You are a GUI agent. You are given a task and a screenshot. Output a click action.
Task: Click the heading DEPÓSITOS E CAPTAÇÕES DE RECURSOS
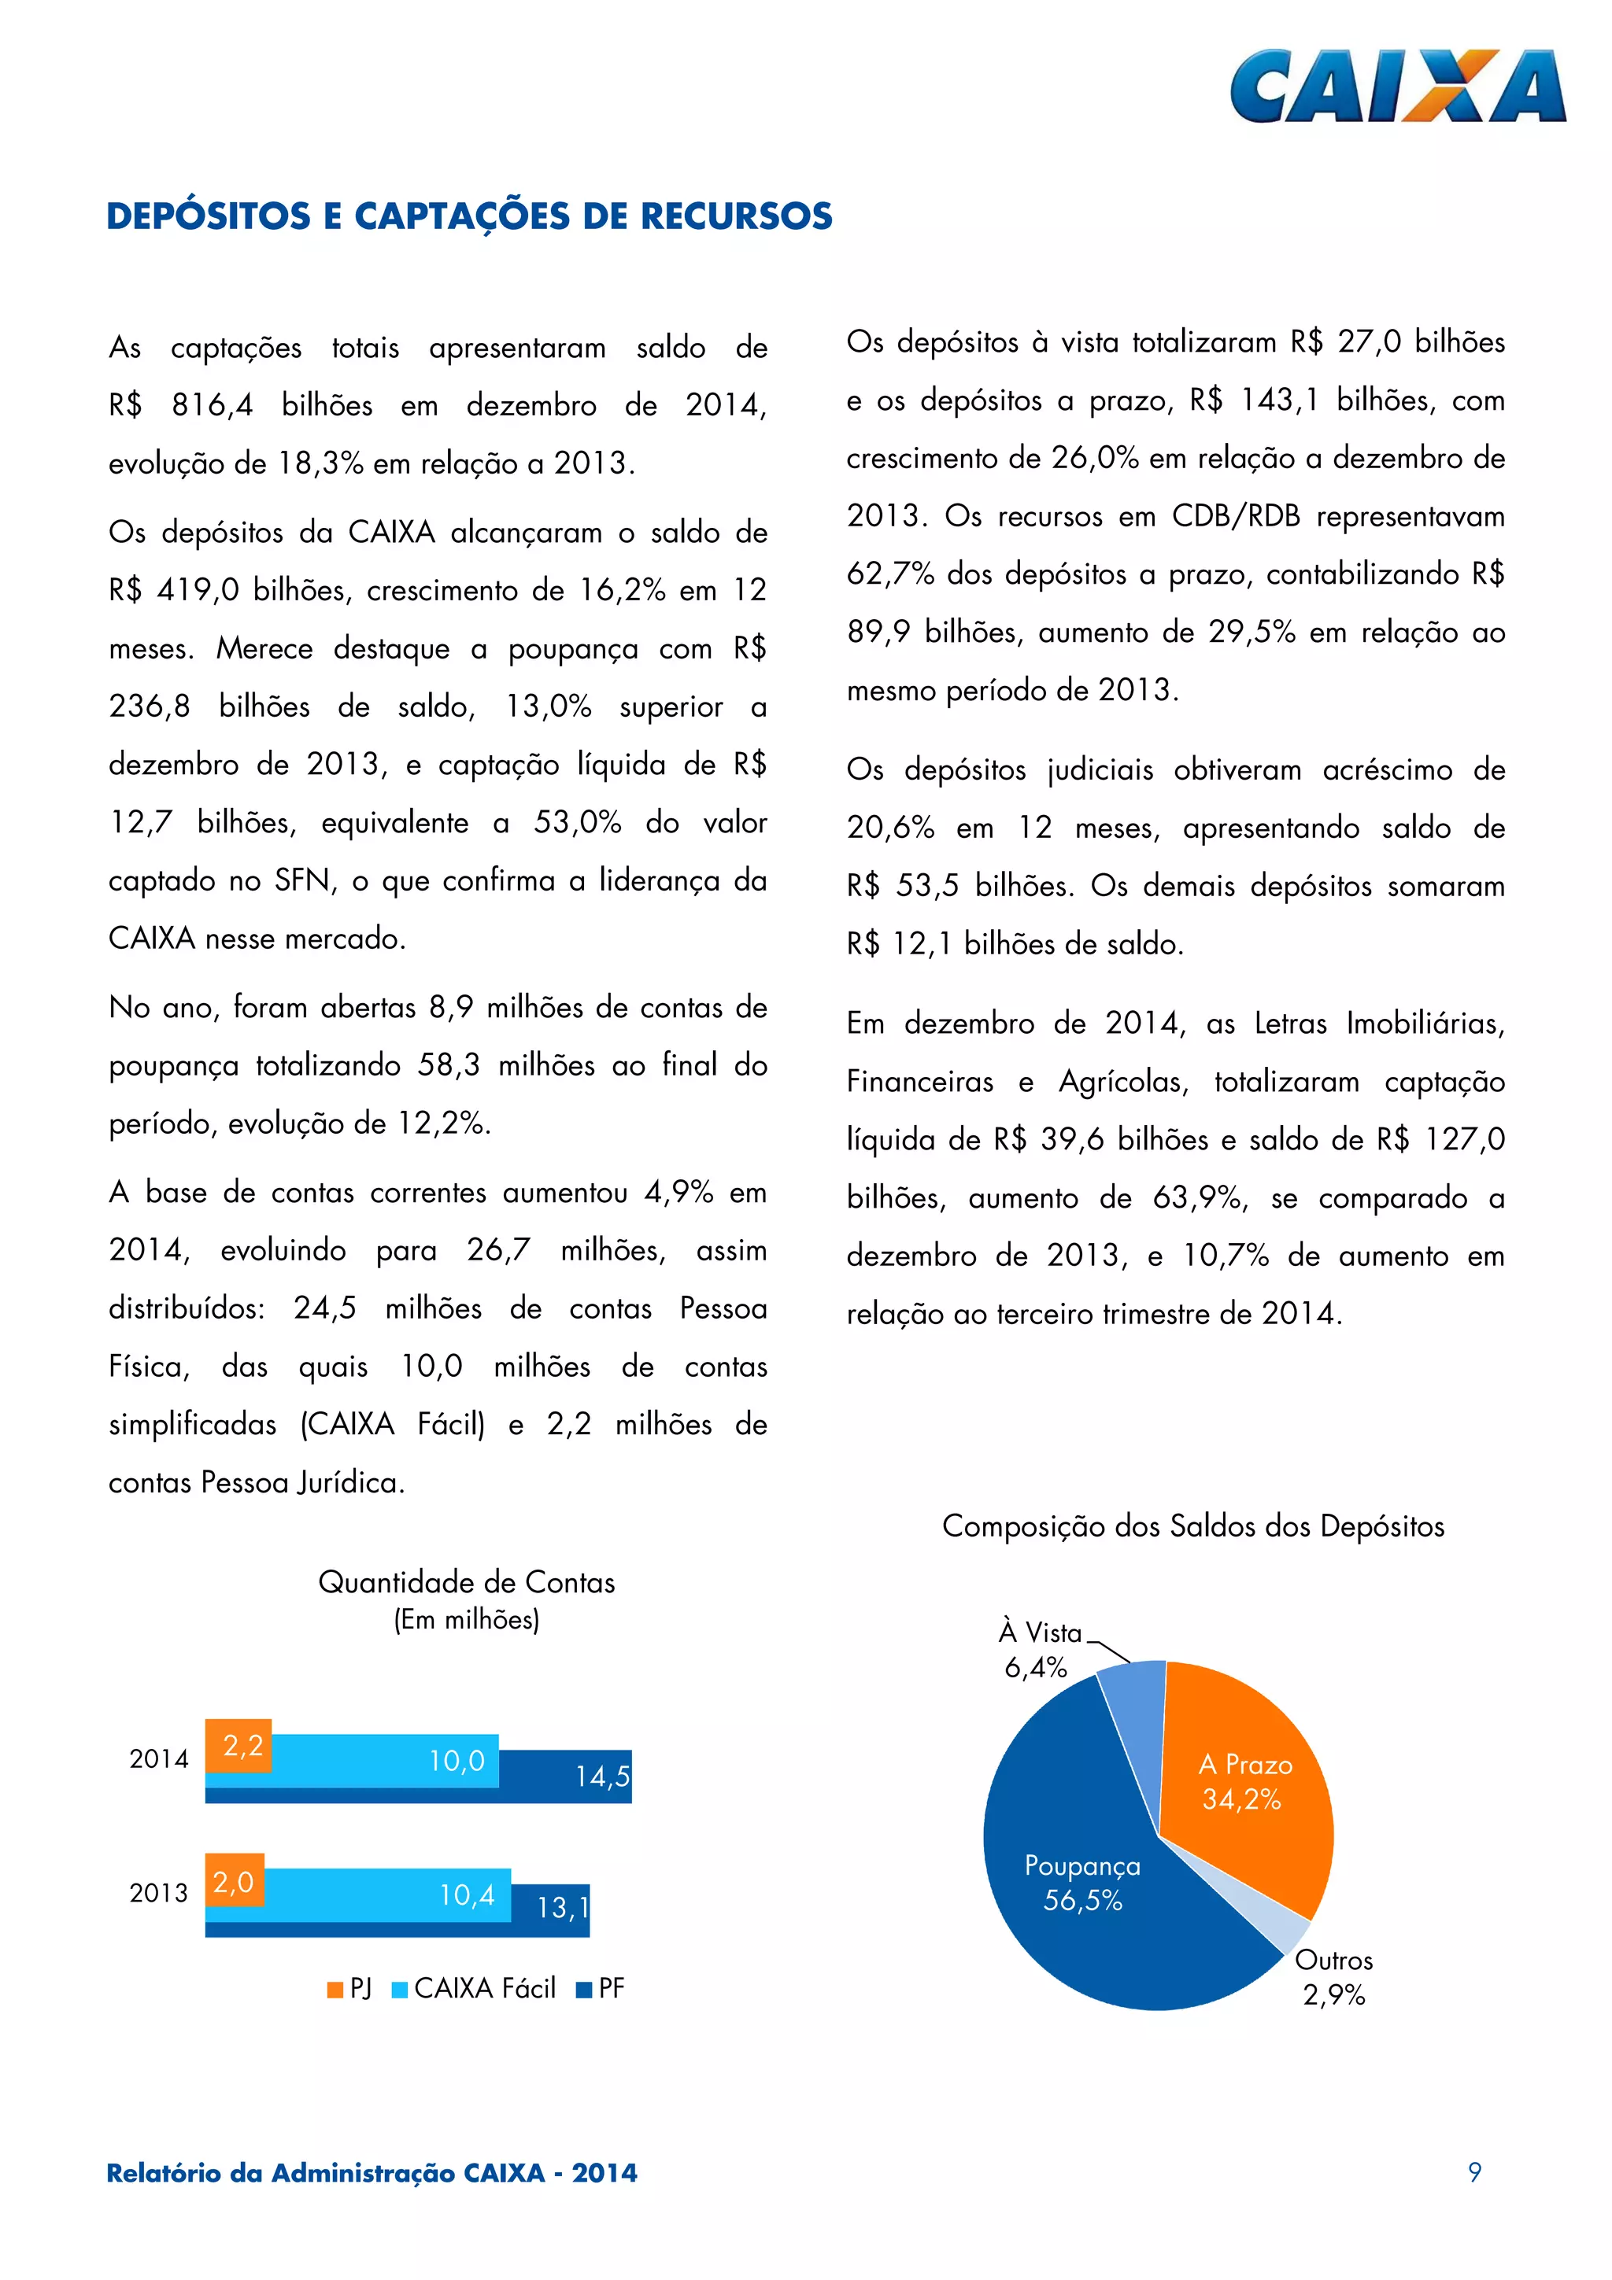(469, 216)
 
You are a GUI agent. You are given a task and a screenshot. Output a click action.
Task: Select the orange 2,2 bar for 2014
(238, 1745)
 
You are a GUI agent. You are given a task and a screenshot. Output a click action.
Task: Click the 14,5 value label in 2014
(602, 1776)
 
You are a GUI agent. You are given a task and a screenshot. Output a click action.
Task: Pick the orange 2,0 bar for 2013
(235, 1881)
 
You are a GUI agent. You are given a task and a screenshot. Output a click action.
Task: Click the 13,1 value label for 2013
(562, 1908)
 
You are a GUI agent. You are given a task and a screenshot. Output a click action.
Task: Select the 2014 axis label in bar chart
(158, 1758)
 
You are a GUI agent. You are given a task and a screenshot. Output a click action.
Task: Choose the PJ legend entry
(349, 1988)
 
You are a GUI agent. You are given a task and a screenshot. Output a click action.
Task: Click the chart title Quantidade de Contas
(466, 1582)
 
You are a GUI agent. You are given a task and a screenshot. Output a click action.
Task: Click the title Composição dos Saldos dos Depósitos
(1192, 1526)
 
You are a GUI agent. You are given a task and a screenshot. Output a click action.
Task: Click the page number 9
(1474, 2171)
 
